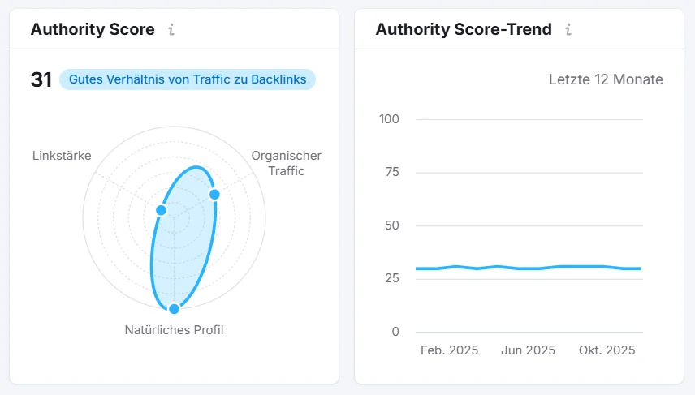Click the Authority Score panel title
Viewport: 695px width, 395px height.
click(93, 30)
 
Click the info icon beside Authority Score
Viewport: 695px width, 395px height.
click(171, 30)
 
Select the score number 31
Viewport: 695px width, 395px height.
click(41, 79)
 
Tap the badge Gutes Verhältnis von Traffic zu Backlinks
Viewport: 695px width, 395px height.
click(187, 79)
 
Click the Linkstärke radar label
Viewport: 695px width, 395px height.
click(62, 155)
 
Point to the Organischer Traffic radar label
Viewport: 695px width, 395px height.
click(286, 163)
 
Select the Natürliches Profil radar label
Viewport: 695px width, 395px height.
click(174, 330)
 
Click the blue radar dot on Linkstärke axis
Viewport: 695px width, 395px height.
click(161, 210)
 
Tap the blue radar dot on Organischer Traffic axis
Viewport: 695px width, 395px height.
click(214, 194)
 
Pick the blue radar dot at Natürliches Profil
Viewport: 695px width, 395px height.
click(174, 308)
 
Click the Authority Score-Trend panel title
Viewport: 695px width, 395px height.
click(464, 30)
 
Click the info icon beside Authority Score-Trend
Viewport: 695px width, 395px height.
click(568, 30)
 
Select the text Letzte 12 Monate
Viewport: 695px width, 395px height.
click(606, 79)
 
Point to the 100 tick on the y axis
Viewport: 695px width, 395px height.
click(390, 119)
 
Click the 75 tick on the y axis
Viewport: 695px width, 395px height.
click(393, 173)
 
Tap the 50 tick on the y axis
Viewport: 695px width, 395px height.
click(393, 225)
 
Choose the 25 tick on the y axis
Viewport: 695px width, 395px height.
click(393, 278)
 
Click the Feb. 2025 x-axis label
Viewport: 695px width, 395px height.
click(449, 350)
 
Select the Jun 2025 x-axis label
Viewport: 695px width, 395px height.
click(528, 350)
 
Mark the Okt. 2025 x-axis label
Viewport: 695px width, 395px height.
click(607, 350)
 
